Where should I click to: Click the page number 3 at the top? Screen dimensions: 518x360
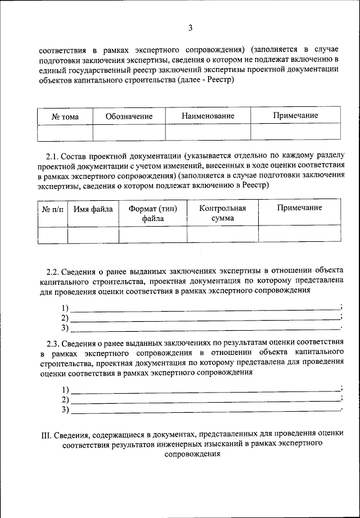[191, 28]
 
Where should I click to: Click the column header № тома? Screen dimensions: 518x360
[65, 116]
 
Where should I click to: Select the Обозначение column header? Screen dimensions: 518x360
[129, 116]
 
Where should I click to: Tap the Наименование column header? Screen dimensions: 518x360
[208, 116]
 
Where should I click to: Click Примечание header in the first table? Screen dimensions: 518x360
[295, 116]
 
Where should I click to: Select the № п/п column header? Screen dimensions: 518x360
[53, 209]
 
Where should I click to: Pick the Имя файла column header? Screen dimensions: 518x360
[93, 209]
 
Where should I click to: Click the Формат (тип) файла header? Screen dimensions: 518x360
[152, 214]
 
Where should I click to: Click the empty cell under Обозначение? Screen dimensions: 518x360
[129, 132]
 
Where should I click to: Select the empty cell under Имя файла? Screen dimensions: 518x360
[93, 235]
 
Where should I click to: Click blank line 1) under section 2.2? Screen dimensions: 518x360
[205, 308]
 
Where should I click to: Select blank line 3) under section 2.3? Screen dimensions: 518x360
[205, 410]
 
